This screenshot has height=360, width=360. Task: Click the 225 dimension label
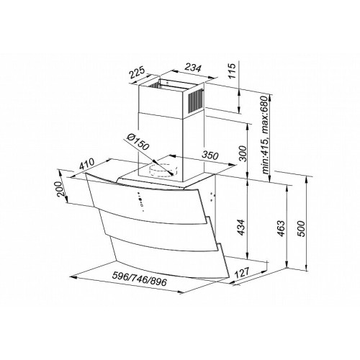[x=138, y=73]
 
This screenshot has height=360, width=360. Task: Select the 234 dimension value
[x=192, y=68]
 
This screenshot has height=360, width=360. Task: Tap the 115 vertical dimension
[x=233, y=71]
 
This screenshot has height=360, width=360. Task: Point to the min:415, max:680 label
[x=265, y=135]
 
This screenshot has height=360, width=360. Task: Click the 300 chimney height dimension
[x=243, y=153]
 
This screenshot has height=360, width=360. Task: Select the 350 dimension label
[x=210, y=156]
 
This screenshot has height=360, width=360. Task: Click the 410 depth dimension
[x=87, y=164]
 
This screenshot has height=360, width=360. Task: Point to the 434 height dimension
[x=240, y=227]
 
